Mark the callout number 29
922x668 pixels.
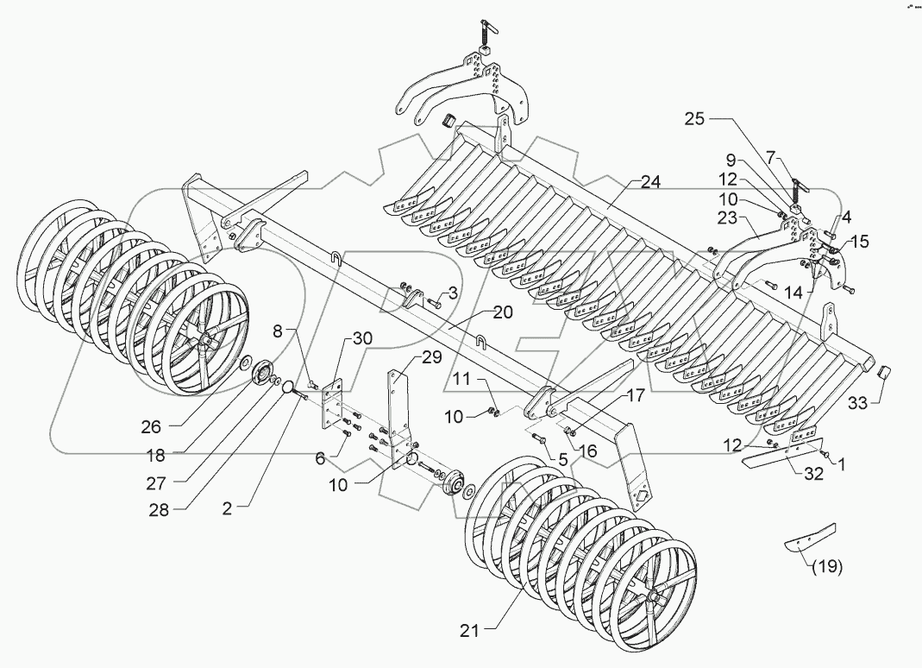[x=430, y=357]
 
